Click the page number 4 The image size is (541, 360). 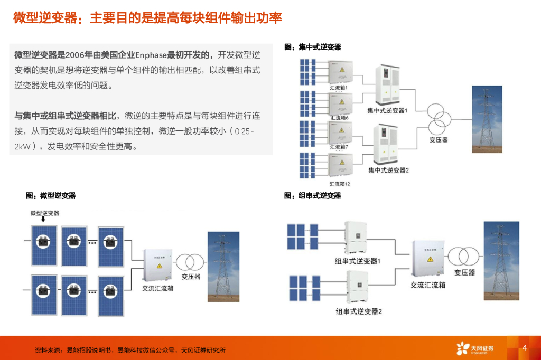point(525,348)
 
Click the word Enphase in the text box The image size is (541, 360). point(151,54)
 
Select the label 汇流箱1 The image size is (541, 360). point(339,87)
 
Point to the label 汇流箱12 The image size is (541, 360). point(340,184)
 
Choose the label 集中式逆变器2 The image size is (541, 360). point(389,170)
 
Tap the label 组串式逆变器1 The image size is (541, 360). point(358,261)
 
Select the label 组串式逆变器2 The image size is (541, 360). point(359,311)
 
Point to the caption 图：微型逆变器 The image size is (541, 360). point(51,195)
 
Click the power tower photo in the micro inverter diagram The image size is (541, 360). point(223,267)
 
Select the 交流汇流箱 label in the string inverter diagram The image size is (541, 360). point(428,285)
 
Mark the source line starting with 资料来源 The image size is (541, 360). point(130,350)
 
